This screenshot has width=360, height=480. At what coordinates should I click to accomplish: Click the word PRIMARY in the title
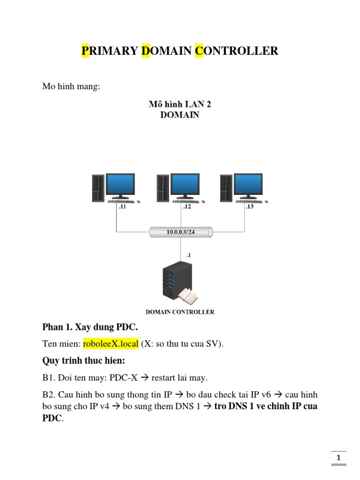tap(110, 51)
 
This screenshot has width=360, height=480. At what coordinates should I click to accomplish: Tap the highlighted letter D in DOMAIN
tap(146, 51)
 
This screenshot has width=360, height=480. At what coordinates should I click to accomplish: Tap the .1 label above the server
tap(188, 255)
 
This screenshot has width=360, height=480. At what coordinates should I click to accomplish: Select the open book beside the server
tap(189, 295)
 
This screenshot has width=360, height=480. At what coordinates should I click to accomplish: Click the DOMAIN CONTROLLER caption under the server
tap(180, 312)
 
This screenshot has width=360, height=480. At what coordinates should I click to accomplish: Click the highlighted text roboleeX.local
tap(111, 344)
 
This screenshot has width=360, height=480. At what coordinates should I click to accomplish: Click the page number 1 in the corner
tap(339, 457)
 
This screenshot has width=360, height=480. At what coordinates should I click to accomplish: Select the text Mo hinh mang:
tap(71, 87)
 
